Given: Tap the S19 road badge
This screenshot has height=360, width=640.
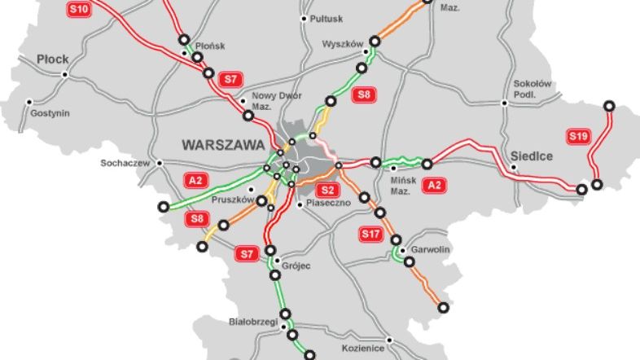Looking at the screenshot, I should pos(578,136).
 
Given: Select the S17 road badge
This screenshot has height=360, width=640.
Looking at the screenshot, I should pos(370,235).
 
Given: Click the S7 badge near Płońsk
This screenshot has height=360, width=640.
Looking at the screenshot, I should pos(231,79).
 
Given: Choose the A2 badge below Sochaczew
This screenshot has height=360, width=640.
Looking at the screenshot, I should pos(195,180).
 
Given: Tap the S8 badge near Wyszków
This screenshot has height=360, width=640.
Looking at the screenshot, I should pos(364,95).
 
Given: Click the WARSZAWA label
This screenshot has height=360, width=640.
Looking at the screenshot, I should pos(223,145).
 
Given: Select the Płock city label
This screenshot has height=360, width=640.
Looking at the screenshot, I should pos(53,59).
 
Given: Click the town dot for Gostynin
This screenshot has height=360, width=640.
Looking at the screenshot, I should pos(29,102).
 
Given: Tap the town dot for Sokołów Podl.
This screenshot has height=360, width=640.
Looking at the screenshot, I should pos(505,103).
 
